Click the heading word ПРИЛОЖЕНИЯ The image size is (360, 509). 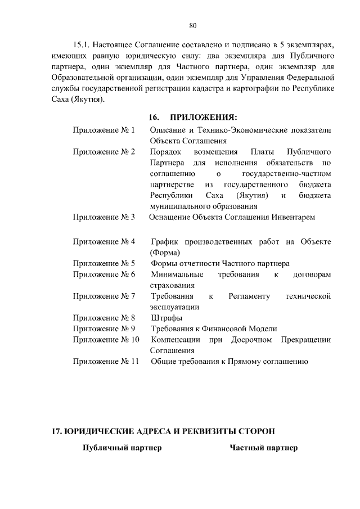[x=202, y=117]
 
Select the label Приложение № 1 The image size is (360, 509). [x=104, y=130]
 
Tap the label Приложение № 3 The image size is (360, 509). [x=104, y=217]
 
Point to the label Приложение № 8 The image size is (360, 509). [x=104, y=318]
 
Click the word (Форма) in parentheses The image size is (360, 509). [x=165, y=253]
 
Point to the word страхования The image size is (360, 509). [x=173, y=285]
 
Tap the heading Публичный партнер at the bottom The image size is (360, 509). [x=122, y=448]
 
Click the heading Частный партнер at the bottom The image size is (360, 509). [x=263, y=448]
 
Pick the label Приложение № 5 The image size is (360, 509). [x=104, y=263]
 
